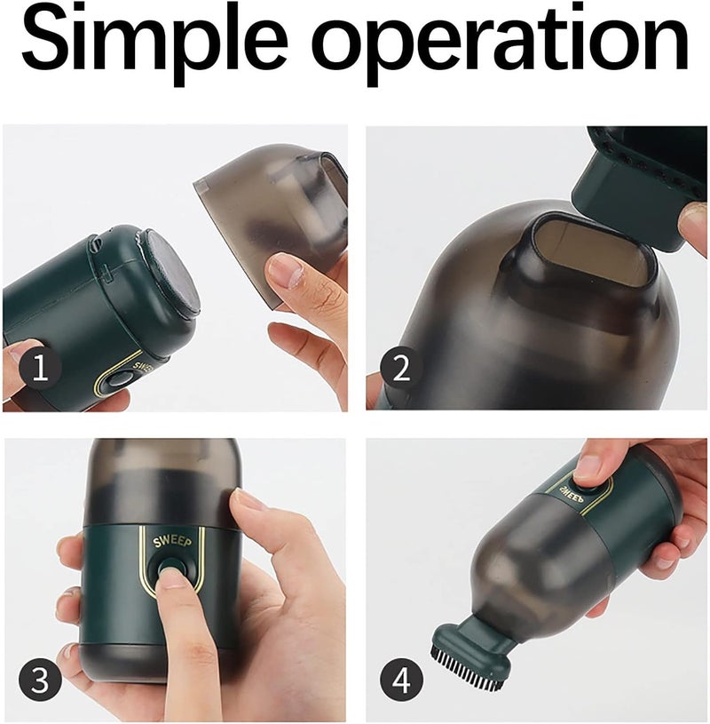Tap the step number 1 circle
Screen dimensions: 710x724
click(x=41, y=369)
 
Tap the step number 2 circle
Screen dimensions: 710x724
click(x=401, y=368)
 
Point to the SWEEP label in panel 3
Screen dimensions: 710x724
click(x=172, y=541)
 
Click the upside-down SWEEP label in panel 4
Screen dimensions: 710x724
click(x=572, y=493)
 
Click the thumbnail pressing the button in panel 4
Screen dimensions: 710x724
click(x=587, y=466)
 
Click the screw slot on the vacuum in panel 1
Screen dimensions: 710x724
click(x=95, y=240)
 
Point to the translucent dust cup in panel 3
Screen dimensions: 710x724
click(x=162, y=482)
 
